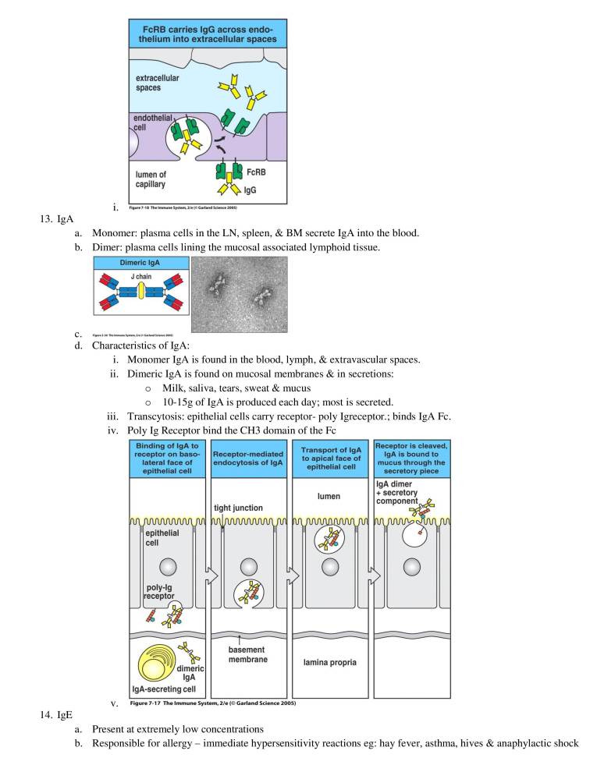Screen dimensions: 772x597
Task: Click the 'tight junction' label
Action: (x=238, y=508)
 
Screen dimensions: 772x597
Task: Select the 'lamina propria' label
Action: (x=331, y=662)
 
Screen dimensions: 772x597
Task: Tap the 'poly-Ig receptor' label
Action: (x=159, y=590)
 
